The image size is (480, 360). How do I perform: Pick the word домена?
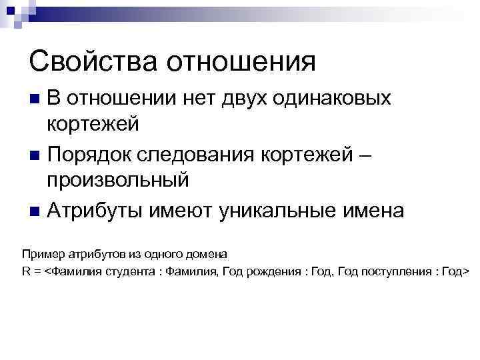pos(207,254)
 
